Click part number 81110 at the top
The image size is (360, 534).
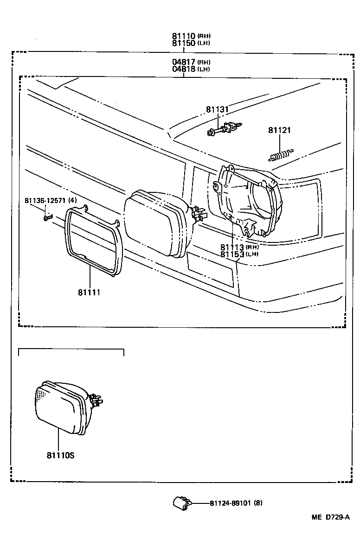pos(184,36)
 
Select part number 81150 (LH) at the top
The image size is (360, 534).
pos(184,43)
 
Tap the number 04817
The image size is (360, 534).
pos(184,62)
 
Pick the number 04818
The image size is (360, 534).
pos(184,69)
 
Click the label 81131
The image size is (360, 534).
pos(218,109)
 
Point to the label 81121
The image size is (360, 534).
pos(279,130)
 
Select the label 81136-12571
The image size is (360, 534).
pos(46,200)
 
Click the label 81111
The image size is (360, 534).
pos(89,292)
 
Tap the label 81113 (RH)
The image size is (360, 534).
pos(232,247)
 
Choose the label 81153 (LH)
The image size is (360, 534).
pos(232,254)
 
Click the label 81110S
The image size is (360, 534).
pos(60,455)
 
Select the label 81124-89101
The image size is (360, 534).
pos(231,503)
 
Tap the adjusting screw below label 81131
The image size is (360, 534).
pos(225,128)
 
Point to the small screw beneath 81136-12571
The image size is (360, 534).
pos(47,216)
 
